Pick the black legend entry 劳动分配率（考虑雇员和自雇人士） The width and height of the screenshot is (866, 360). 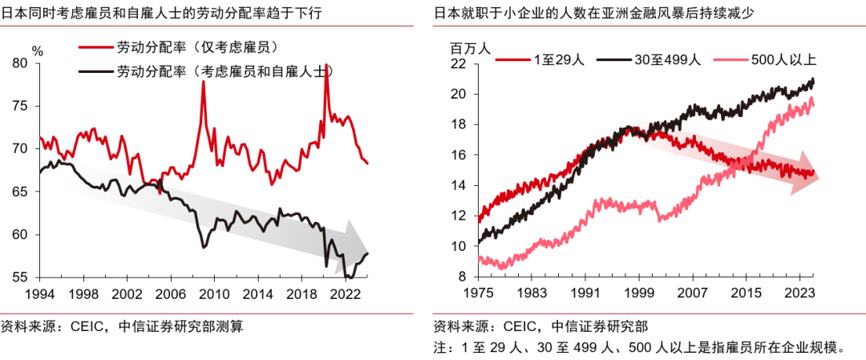tap(225, 71)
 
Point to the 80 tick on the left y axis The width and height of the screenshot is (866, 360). tap(19, 63)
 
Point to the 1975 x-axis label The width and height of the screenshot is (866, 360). tap(478, 294)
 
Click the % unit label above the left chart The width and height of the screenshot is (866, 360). tap(38, 50)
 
